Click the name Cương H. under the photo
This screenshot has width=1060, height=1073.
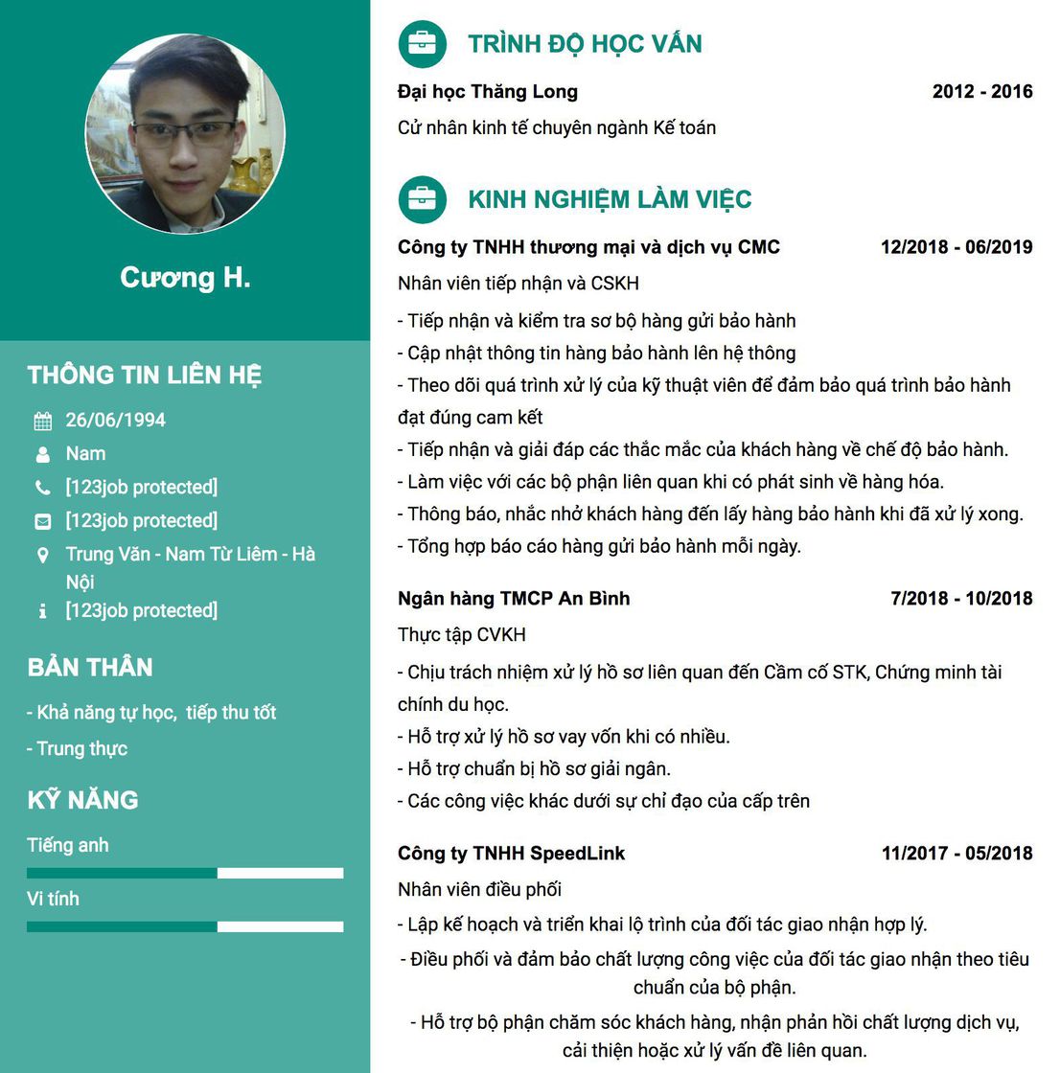click(x=185, y=278)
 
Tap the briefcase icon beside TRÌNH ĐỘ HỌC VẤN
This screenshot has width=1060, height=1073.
click(x=422, y=44)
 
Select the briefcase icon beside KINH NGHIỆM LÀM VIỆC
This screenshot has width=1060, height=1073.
click(x=422, y=199)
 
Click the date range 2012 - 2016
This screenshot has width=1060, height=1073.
click(x=982, y=92)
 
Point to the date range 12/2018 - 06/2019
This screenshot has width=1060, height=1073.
click(x=956, y=247)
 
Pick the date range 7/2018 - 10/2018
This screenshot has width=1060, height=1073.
click(x=961, y=599)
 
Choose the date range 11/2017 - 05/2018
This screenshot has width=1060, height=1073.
click(x=956, y=854)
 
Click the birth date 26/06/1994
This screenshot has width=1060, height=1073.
click(x=115, y=421)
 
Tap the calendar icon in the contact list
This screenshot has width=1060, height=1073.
click(x=43, y=422)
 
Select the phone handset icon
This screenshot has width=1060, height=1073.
click(x=43, y=489)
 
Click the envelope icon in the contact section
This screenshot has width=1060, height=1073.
click(x=43, y=522)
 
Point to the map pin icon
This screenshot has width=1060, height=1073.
click(x=43, y=556)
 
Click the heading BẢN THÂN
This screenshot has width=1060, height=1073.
click(x=90, y=668)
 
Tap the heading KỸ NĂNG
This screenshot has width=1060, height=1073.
click(x=82, y=800)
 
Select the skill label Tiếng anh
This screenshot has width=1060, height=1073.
click(x=68, y=846)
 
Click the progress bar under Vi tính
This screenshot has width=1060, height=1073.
click(x=185, y=926)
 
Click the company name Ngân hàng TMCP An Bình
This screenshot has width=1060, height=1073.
click(x=514, y=599)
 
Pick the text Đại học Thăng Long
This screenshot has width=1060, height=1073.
click(x=488, y=92)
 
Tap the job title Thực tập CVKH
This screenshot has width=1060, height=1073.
click(x=462, y=635)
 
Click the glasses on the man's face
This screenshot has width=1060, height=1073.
click(x=184, y=132)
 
